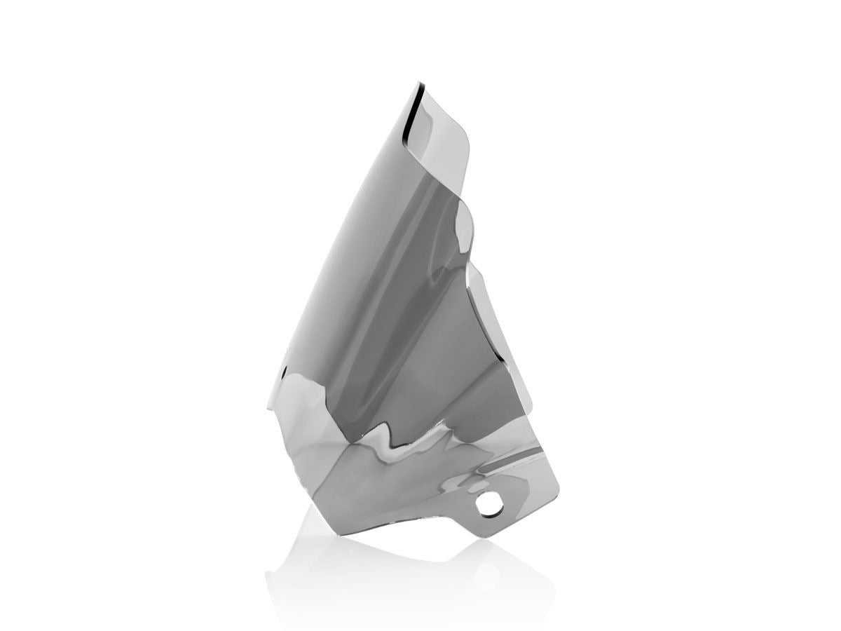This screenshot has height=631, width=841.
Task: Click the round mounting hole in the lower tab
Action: [x=488, y=503]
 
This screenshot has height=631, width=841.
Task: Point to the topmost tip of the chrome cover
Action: [x=409, y=83]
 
